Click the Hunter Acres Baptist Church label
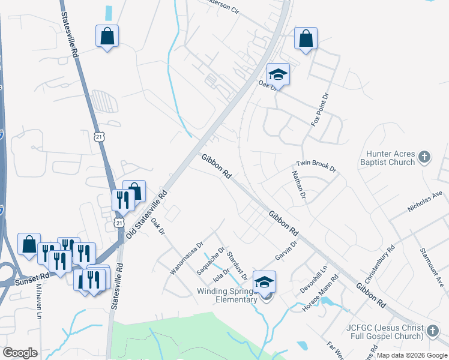pyautogui.click(x=388, y=158)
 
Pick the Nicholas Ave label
pyautogui.click(x=424, y=202)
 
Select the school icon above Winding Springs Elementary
pyautogui.click(x=264, y=281)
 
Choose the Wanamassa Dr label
pyautogui.click(x=187, y=259)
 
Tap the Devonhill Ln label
pyautogui.click(x=314, y=278)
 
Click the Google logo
pyautogui.click(x=20, y=353)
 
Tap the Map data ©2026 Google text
pyautogui.click(x=412, y=355)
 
